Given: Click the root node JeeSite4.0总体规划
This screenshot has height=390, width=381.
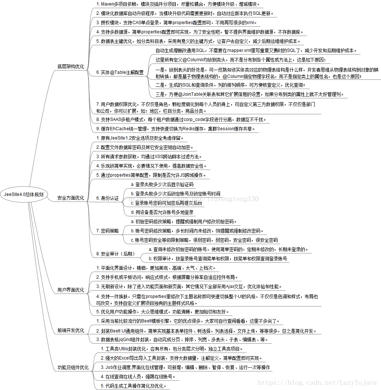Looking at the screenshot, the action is click(x=24, y=194).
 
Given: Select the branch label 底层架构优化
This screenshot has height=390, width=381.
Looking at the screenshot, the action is click(x=71, y=67).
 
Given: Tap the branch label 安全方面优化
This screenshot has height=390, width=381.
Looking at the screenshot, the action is click(x=71, y=198).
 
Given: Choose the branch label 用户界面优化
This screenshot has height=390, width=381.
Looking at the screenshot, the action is click(x=71, y=290).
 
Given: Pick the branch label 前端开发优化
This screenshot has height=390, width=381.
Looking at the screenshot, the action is click(x=71, y=330).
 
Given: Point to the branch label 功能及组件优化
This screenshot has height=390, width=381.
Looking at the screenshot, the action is click(x=73, y=368).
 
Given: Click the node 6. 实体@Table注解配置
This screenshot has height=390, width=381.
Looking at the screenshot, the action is click(x=120, y=72).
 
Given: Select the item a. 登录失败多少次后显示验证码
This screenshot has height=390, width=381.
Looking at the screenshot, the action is click(x=162, y=184).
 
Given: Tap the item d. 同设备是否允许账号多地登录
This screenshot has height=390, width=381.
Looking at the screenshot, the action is click(x=162, y=212).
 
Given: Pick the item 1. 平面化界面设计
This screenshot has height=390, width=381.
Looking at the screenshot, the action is click(x=156, y=268).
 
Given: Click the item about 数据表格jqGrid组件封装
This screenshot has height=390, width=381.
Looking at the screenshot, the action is click(x=182, y=340).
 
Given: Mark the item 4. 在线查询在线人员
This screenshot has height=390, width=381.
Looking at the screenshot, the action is click(x=138, y=377).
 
